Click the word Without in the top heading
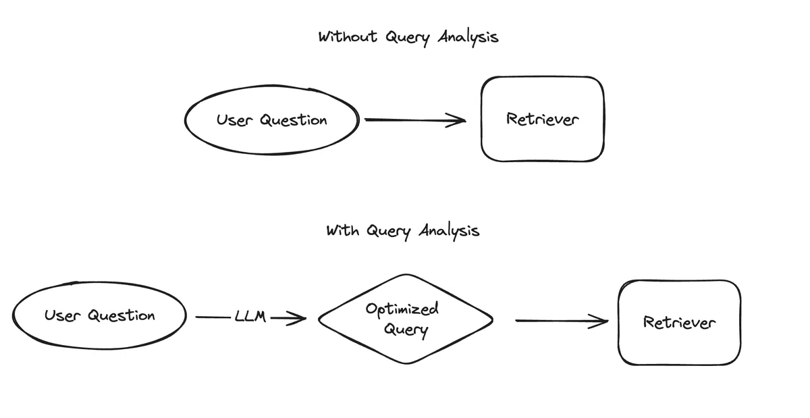(x=348, y=36)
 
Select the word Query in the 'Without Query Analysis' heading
(x=408, y=38)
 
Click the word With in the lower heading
(x=342, y=230)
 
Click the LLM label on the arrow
(x=250, y=316)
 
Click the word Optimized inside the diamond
(x=402, y=309)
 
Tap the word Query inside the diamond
(x=406, y=330)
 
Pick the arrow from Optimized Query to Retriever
(x=562, y=321)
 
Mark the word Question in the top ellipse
(x=293, y=120)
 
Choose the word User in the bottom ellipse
(x=62, y=315)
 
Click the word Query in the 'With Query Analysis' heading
(x=388, y=232)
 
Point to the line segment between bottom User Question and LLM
(x=213, y=317)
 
